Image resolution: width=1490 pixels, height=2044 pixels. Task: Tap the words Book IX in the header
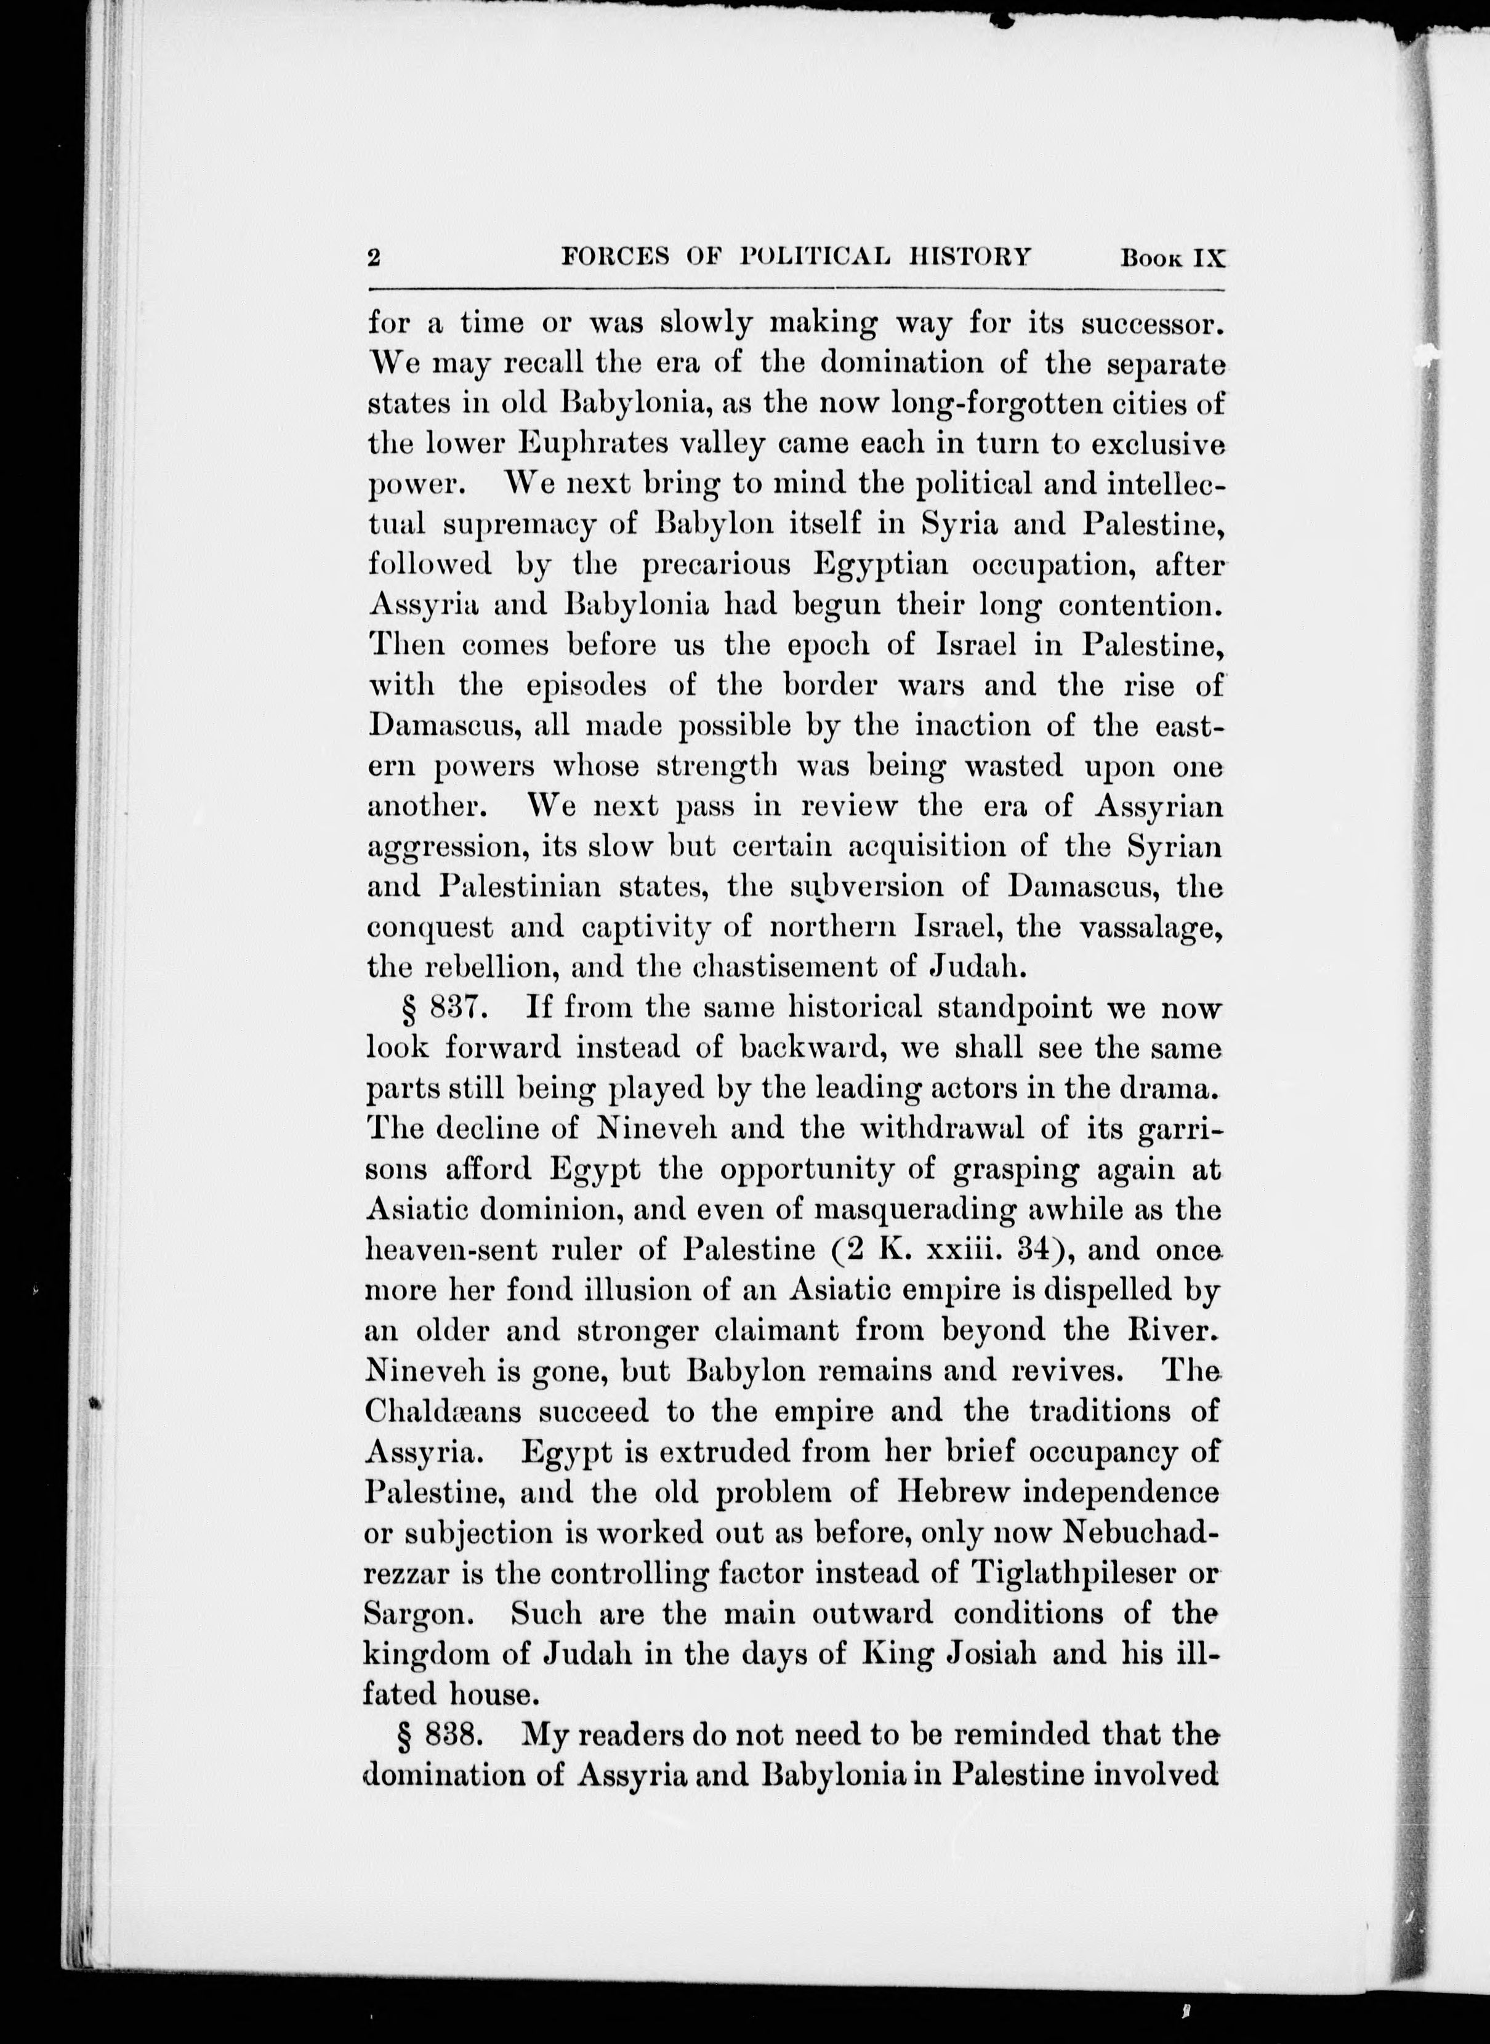coord(1172,258)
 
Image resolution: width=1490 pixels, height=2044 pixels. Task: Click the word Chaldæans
coord(443,1411)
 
